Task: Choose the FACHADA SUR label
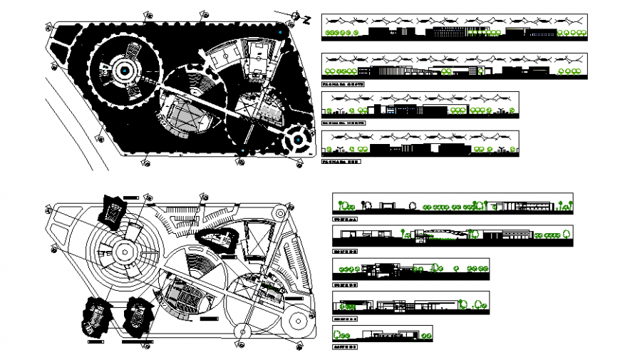(x=341, y=162)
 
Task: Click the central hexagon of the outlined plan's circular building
(x=125, y=251)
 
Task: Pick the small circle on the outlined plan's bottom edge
(x=242, y=331)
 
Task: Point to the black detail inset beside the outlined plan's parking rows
(x=217, y=241)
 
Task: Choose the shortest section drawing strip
(x=382, y=333)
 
